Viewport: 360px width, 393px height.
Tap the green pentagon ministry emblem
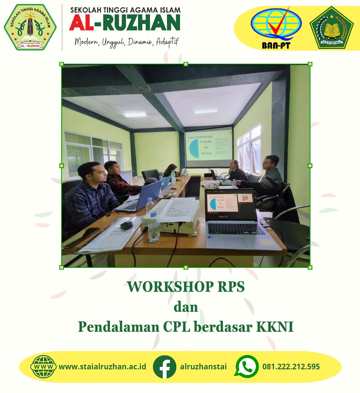pos(331,28)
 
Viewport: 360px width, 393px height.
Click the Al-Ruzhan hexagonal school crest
pos(30,27)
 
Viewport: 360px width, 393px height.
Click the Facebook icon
pos(164,367)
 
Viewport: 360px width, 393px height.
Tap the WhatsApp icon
pos(247,366)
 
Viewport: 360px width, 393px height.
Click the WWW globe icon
pos(43,367)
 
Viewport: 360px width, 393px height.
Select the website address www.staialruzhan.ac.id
pos(102,367)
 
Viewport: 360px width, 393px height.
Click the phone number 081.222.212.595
pos(291,367)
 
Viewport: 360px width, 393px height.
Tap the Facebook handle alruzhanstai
pos(203,367)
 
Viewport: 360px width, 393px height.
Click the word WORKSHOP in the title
pos(170,287)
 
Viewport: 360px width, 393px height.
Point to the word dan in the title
pos(186,307)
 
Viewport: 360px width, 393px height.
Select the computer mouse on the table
pos(127,225)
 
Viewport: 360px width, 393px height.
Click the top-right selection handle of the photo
pos(310,64)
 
